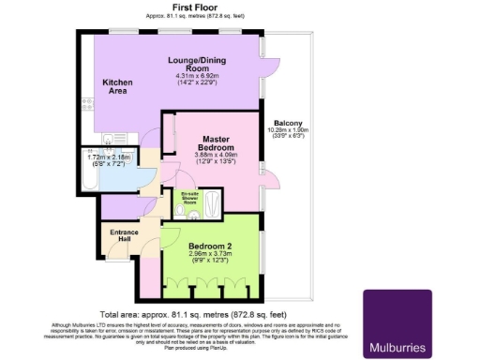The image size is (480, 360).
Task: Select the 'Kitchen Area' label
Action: (118, 87)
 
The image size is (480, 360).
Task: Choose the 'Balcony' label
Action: (287, 124)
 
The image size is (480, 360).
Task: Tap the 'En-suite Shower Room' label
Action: (190, 198)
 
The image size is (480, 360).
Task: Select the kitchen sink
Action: (110, 141)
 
